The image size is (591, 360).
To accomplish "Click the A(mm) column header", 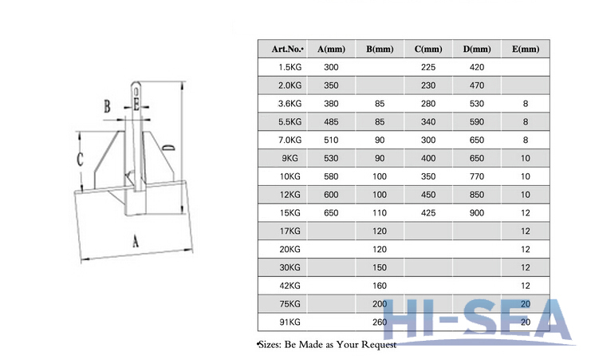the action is [x=331, y=49].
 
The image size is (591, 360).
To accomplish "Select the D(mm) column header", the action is [x=477, y=49].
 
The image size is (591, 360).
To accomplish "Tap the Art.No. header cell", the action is [x=287, y=49].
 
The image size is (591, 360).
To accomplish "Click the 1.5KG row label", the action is [x=290, y=67].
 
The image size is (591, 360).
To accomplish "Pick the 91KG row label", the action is [x=290, y=322].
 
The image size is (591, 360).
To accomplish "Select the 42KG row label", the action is [x=290, y=286].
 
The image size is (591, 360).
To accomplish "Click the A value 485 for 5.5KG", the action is [x=331, y=122].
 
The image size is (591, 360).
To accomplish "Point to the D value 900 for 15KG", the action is [x=477, y=213].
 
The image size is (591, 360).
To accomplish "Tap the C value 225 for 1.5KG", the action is [x=428, y=67].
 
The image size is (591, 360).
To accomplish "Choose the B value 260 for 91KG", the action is [x=380, y=322].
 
